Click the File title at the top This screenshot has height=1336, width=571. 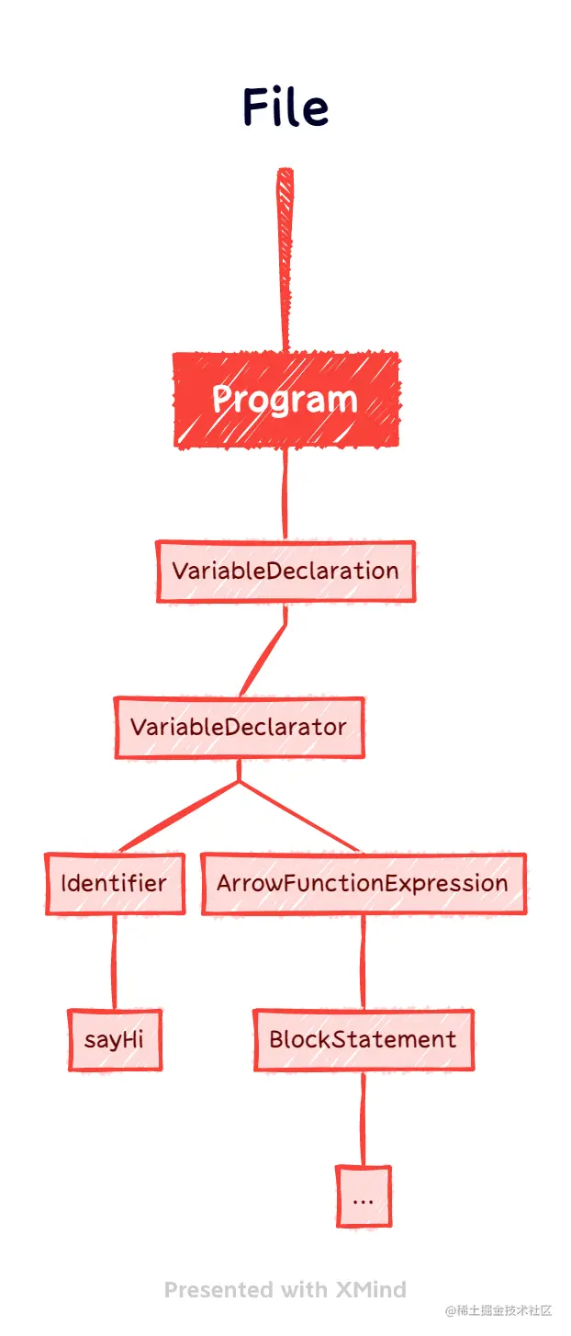285,108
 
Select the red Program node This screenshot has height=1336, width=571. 286,400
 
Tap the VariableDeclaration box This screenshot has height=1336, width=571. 285,571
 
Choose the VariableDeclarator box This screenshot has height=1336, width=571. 239,727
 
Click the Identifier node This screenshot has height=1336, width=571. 115,883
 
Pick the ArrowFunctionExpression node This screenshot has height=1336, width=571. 363,883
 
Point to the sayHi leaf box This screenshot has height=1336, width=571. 115,1039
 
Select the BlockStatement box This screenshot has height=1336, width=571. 363,1039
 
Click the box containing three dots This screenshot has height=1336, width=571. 363,1196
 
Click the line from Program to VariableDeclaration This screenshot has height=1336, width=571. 285,494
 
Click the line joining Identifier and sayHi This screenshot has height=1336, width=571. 115,962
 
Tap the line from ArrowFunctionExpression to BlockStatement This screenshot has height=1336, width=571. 364,962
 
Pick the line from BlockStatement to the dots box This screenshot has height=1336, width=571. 364,1118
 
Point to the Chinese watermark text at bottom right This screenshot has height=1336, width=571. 498,1310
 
